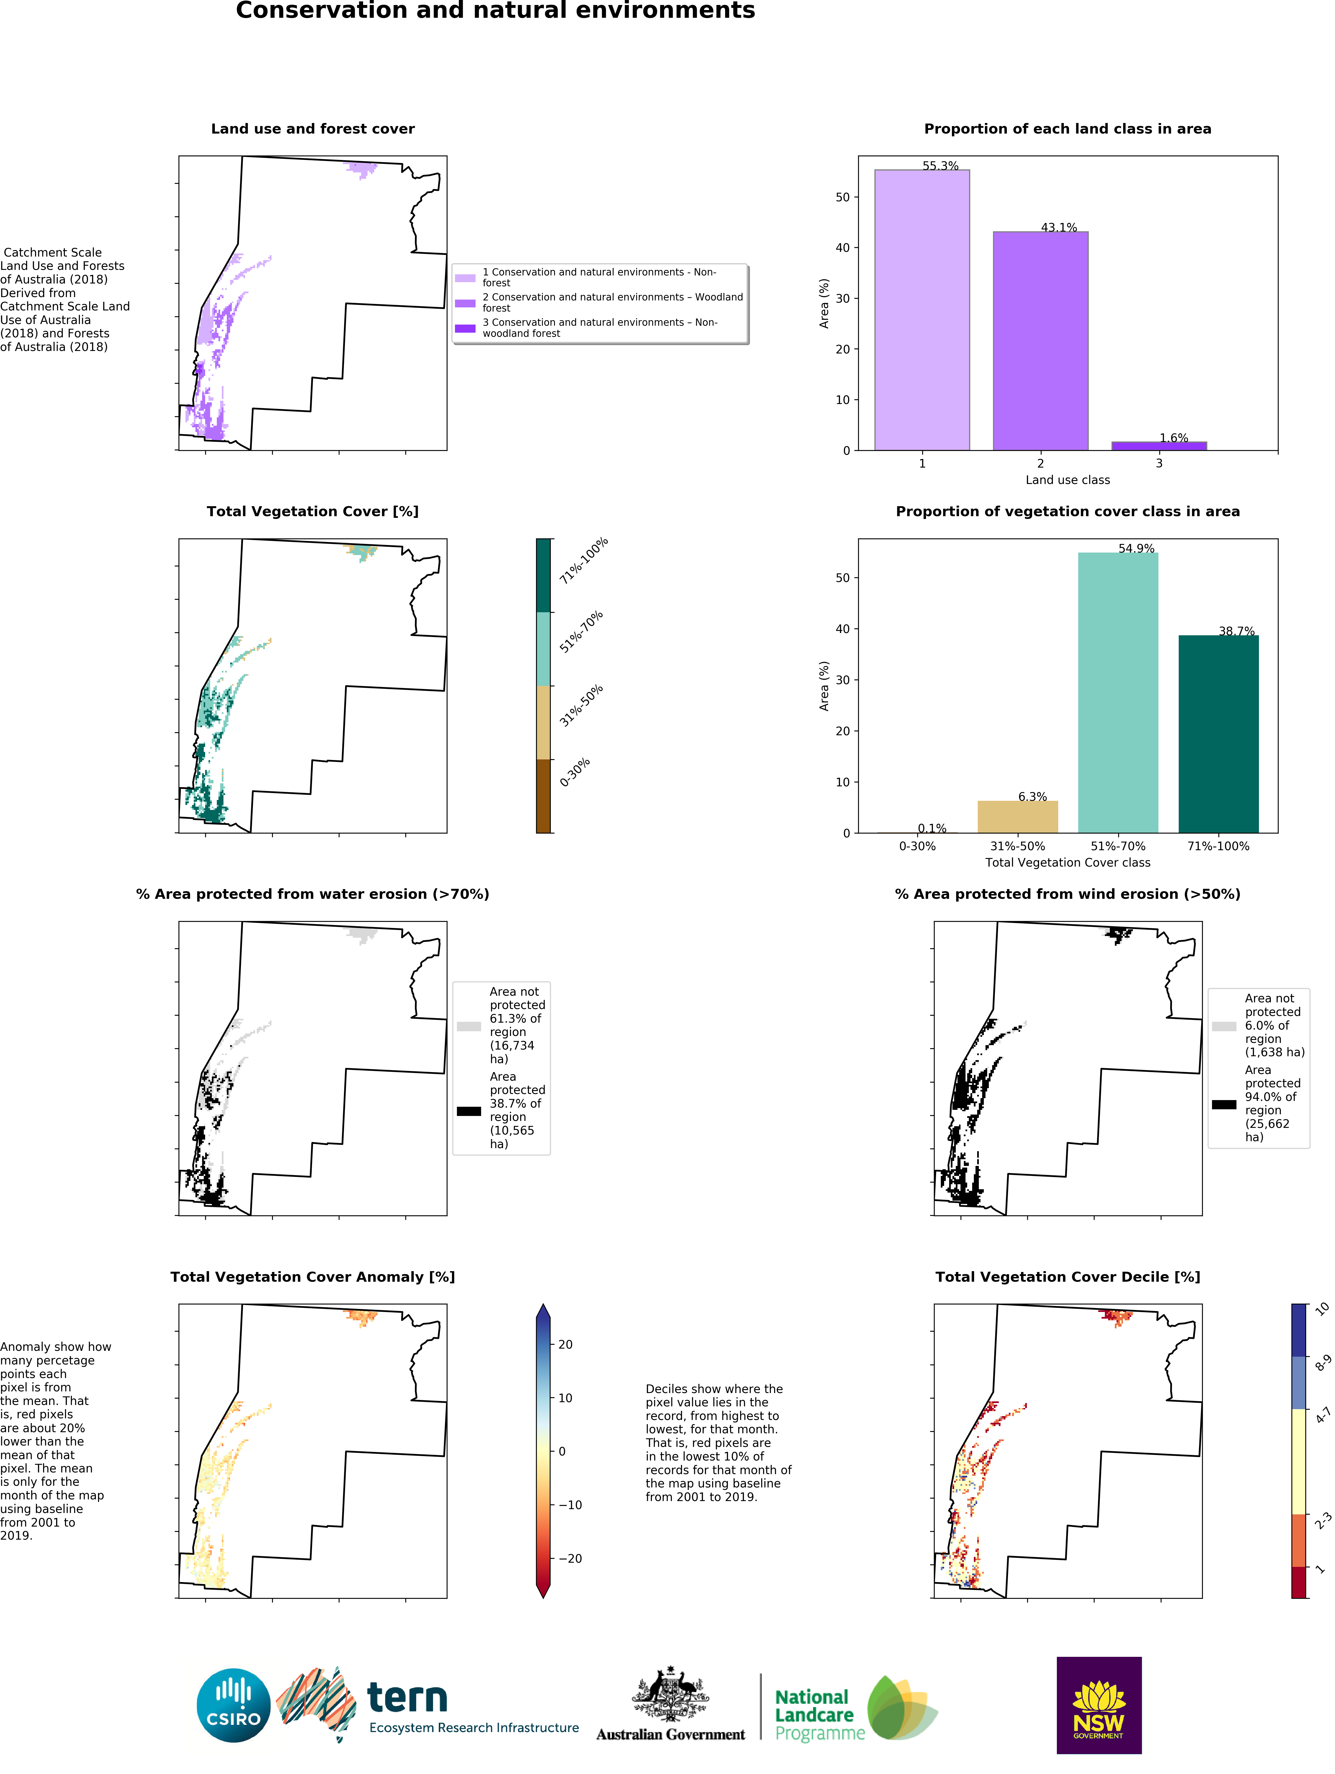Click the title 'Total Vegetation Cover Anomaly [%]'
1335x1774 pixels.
(313, 1277)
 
